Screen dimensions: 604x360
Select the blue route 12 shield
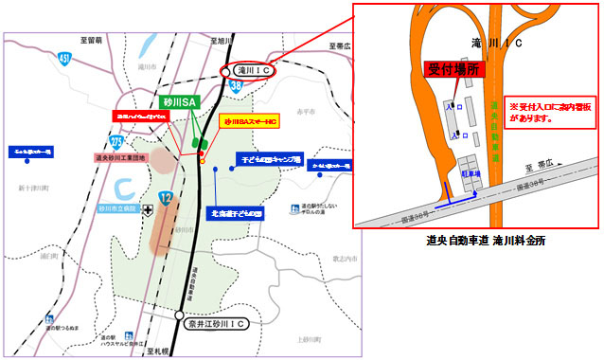pyautogui.click(x=166, y=198)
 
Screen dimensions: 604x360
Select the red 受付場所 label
pyautogui.click(x=452, y=68)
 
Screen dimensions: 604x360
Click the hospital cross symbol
pyautogui.click(x=147, y=211)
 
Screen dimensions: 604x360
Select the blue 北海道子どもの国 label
pyautogui.click(x=233, y=212)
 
